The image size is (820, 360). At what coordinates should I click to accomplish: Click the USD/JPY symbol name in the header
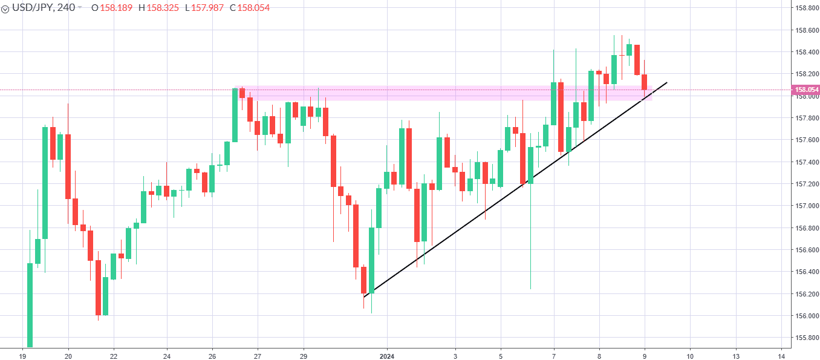coord(33,7)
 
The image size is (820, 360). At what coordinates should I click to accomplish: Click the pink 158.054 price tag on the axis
coord(807,90)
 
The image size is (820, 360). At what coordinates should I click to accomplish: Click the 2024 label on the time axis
coord(388,356)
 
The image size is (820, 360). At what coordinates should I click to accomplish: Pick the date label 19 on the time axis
coord(22,356)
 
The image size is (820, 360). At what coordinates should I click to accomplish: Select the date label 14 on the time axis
coord(781,356)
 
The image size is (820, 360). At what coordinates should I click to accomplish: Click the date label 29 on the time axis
coord(304,356)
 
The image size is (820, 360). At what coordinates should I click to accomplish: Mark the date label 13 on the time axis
coord(735,356)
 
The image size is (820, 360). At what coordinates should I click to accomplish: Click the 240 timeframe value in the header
coord(66,7)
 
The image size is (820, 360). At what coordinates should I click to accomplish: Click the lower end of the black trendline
coord(364,296)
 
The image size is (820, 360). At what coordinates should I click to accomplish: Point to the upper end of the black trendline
coord(667,82)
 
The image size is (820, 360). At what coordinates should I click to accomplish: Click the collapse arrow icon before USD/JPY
coord(5,8)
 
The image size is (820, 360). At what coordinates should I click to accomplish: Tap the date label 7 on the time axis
coord(554,356)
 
